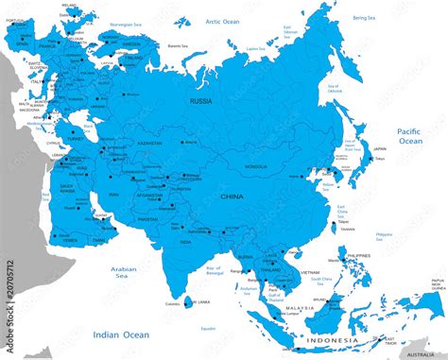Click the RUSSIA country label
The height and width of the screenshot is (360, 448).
[201, 99]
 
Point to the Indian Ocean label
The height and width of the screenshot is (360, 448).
[121, 334]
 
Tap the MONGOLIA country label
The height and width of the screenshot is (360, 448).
[255, 165]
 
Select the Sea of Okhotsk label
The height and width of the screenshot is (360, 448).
[333, 92]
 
